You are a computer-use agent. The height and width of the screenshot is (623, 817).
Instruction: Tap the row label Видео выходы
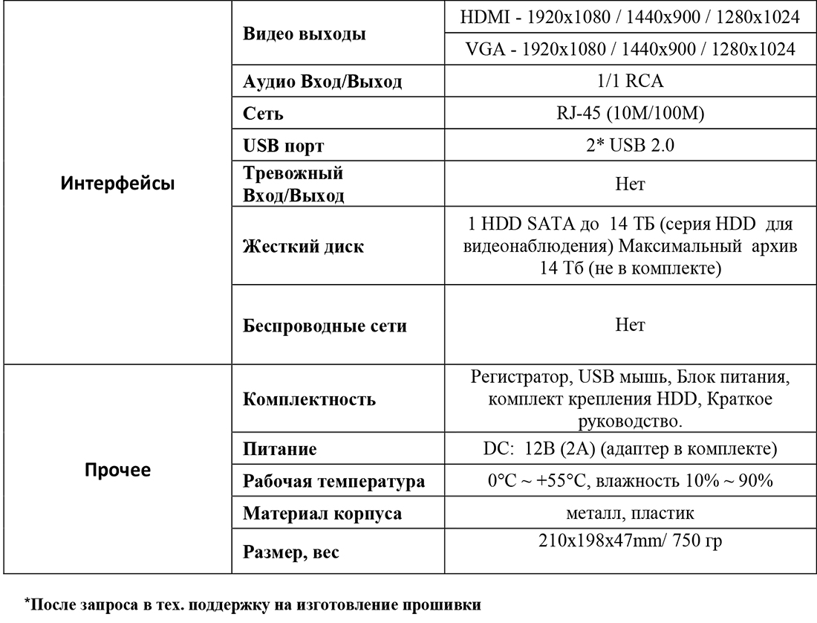pos(305,34)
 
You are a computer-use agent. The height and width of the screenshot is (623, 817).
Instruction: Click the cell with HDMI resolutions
pos(629,18)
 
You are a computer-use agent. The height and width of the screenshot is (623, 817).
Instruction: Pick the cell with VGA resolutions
pos(629,50)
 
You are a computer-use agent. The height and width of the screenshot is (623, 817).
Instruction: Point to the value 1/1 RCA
pos(629,81)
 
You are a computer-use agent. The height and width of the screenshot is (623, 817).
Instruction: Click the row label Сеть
pos(264,114)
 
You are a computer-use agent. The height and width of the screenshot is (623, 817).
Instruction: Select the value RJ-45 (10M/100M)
pos(629,113)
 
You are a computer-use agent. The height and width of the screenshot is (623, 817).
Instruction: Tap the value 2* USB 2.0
pos(629,146)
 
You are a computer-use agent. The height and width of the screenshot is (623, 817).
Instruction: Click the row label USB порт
pos(284,146)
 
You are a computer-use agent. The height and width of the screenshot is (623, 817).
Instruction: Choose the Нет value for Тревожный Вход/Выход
pos(629,184)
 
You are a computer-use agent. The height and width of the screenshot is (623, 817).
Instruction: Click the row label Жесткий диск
pos(304,247)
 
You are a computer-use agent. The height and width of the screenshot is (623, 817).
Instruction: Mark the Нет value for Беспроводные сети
pos(629,325)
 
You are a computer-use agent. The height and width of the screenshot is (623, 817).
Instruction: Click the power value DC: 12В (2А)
pos(629,449)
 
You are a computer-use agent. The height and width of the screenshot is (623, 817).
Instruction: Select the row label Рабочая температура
pos(334,481)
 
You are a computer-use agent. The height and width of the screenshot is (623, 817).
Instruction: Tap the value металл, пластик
pos(629,513)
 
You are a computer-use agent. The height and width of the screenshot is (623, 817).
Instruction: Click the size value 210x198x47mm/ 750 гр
pos(629,542)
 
